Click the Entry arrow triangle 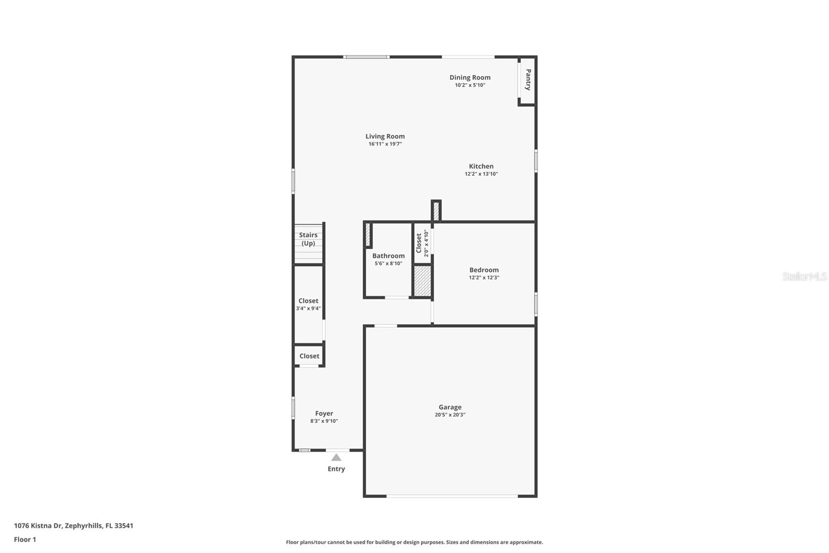pyautogui.click(x=336, y=458)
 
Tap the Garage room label pyautogui.click(x=450, y=407)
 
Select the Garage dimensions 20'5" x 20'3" pyautogui.click(x=450, y=415)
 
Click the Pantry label pyautogui.click(x=528, y=80)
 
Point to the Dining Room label pyautogui.click(x=470, y=77)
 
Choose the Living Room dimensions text pyautogui.click(x=385, y=144)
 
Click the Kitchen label pyautogui.click(x=481, y=167)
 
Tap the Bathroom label pyautogui.click(x=388, y=256)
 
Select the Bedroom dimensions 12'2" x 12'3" pyautogui.click(x=484, y=278)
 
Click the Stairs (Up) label pyautogui.click(x=308, y=239)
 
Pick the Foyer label pyautogui.click(x=324, y=413)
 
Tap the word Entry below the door pyautogui.click(x=336, y=469)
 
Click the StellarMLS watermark pyautogui.click(x=804, y=276)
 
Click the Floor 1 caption pyautogui.click(x=25, y=540)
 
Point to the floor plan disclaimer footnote pyautogui.click(x=414, y=542)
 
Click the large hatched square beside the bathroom pyautogui.click(x=422, y=281)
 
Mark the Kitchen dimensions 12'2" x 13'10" pyautogui.click(x=481, y=174)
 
